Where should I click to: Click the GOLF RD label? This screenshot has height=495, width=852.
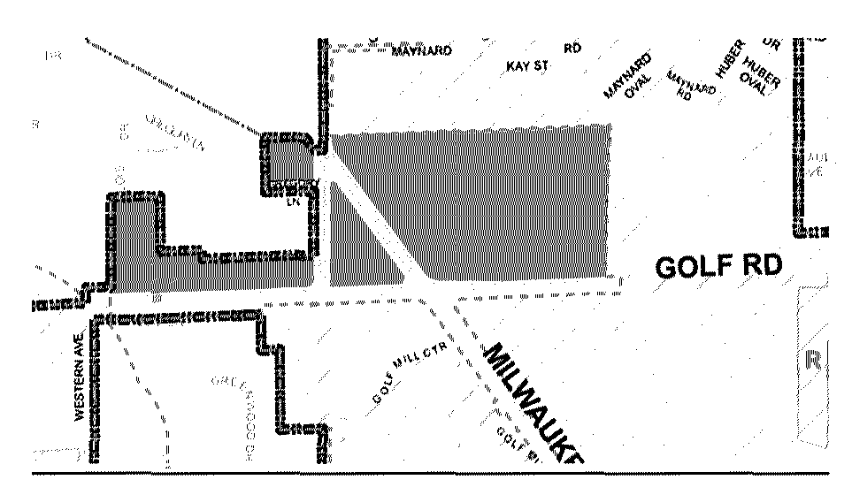(719, 267)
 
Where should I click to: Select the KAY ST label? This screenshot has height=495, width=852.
(529, 66)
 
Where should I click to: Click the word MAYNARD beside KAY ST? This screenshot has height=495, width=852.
(421, 51)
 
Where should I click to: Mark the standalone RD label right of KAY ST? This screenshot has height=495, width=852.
(572, 48)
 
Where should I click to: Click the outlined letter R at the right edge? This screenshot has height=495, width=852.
(816, 361)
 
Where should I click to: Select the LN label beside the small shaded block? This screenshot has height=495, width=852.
(296, 202)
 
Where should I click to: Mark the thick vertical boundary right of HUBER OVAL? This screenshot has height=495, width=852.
(798, 133)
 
